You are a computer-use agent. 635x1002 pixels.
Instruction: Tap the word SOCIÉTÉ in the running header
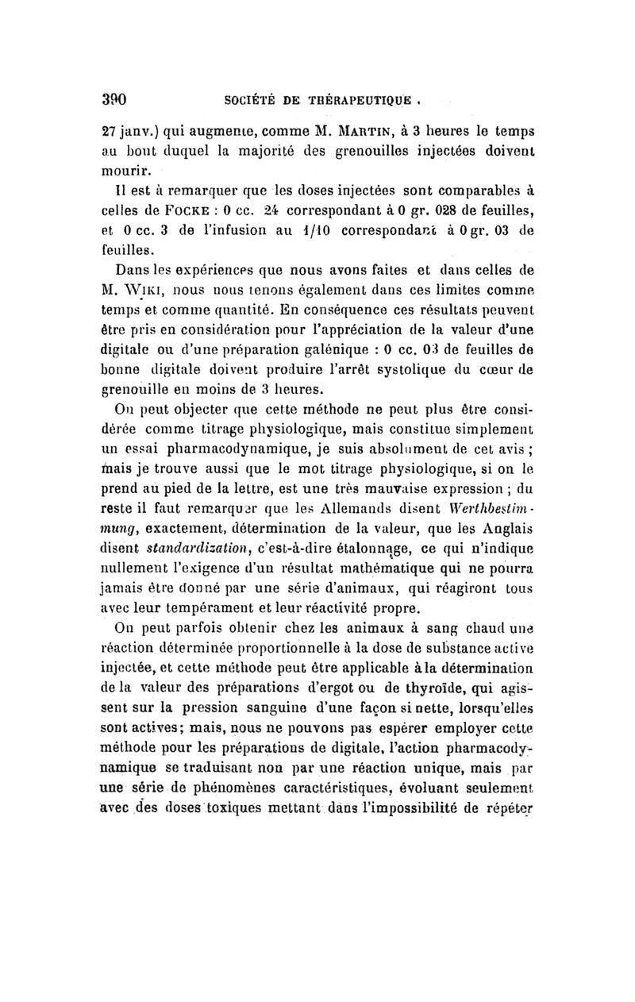coord(251,101)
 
